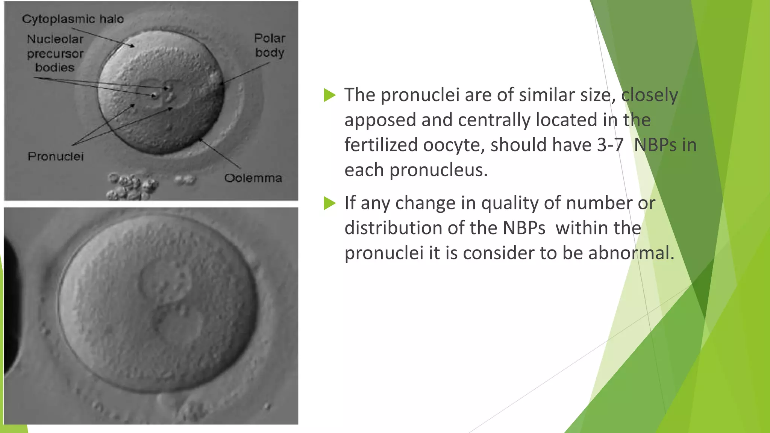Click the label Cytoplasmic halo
(73, 19)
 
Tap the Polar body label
(270, 45)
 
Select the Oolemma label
(253, 178)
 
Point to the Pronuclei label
(56, 156)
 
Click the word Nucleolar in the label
(55, 39)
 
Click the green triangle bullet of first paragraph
(329, 95)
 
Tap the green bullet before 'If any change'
(329, 203)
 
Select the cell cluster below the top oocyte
(130, 186)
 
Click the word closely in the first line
(649, 95)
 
